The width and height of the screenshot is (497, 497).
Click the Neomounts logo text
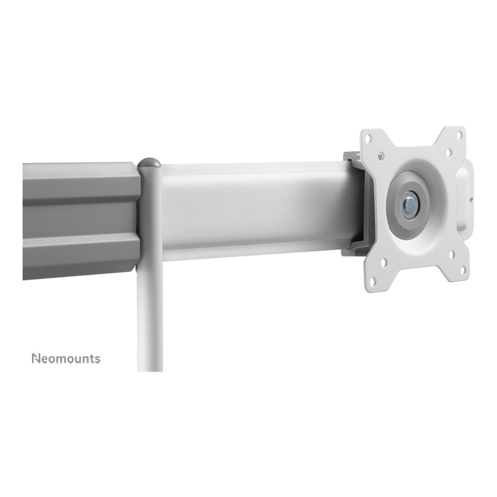coord(66,358)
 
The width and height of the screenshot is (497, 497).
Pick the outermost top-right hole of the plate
coord(459,136)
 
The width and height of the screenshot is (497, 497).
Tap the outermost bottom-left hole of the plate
coord(373,281)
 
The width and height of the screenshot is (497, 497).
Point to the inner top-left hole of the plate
coord(381,155)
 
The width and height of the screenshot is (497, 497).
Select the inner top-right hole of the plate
coord(449,152)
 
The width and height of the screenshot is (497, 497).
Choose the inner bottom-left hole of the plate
coord(384,263)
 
